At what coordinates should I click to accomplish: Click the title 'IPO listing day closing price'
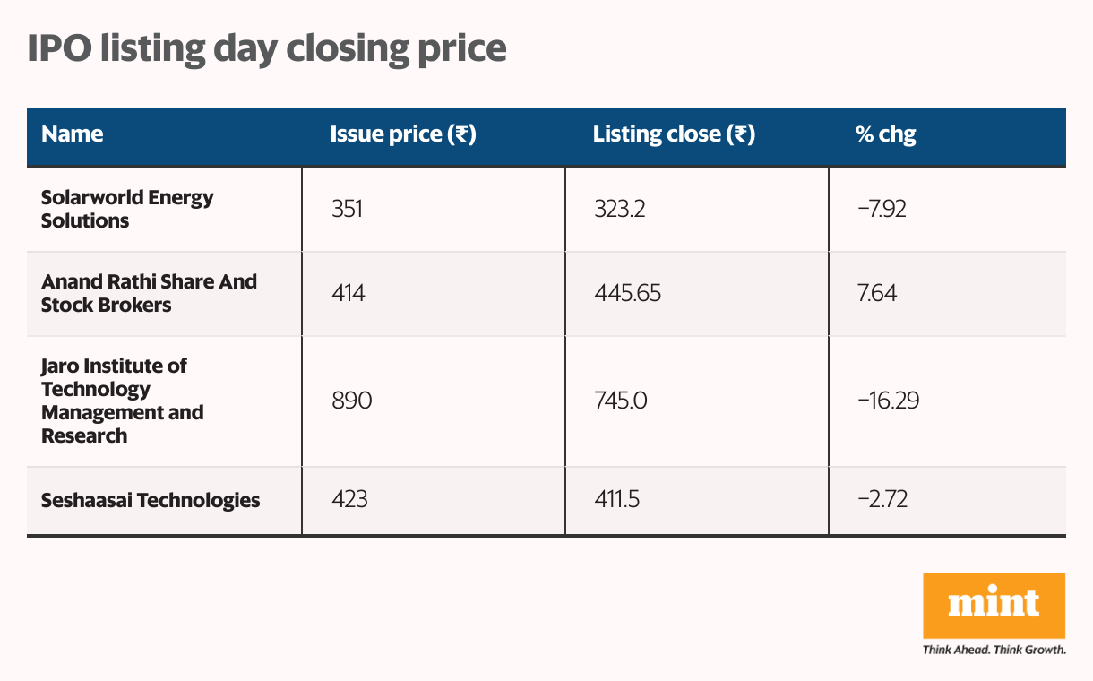pos(266,48)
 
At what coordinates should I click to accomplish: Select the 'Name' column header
pos(73,134)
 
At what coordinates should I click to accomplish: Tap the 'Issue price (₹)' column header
pos(402,134)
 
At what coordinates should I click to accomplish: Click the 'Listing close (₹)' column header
pos(674,134)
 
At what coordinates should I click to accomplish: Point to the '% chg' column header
pos(885,134)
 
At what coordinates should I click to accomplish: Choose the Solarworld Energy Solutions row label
pos(127,209)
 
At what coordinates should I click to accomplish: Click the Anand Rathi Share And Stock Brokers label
pos(149,293)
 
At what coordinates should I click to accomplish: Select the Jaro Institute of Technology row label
pos(123,401)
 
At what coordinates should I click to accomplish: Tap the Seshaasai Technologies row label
pos(151,500)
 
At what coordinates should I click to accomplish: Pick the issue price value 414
pos(348,293)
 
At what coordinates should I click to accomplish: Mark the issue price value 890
pos(351,401)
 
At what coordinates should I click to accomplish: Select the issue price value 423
pos(349,500)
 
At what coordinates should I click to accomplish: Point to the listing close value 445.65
pos(627,293)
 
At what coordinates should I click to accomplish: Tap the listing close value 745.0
pos(620,401)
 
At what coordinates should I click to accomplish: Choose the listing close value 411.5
pos(616,500)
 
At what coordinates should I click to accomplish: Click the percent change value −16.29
pos(888,401)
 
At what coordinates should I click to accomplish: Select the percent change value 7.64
pos(878,293)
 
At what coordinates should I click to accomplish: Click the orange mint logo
pos(994,606)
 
